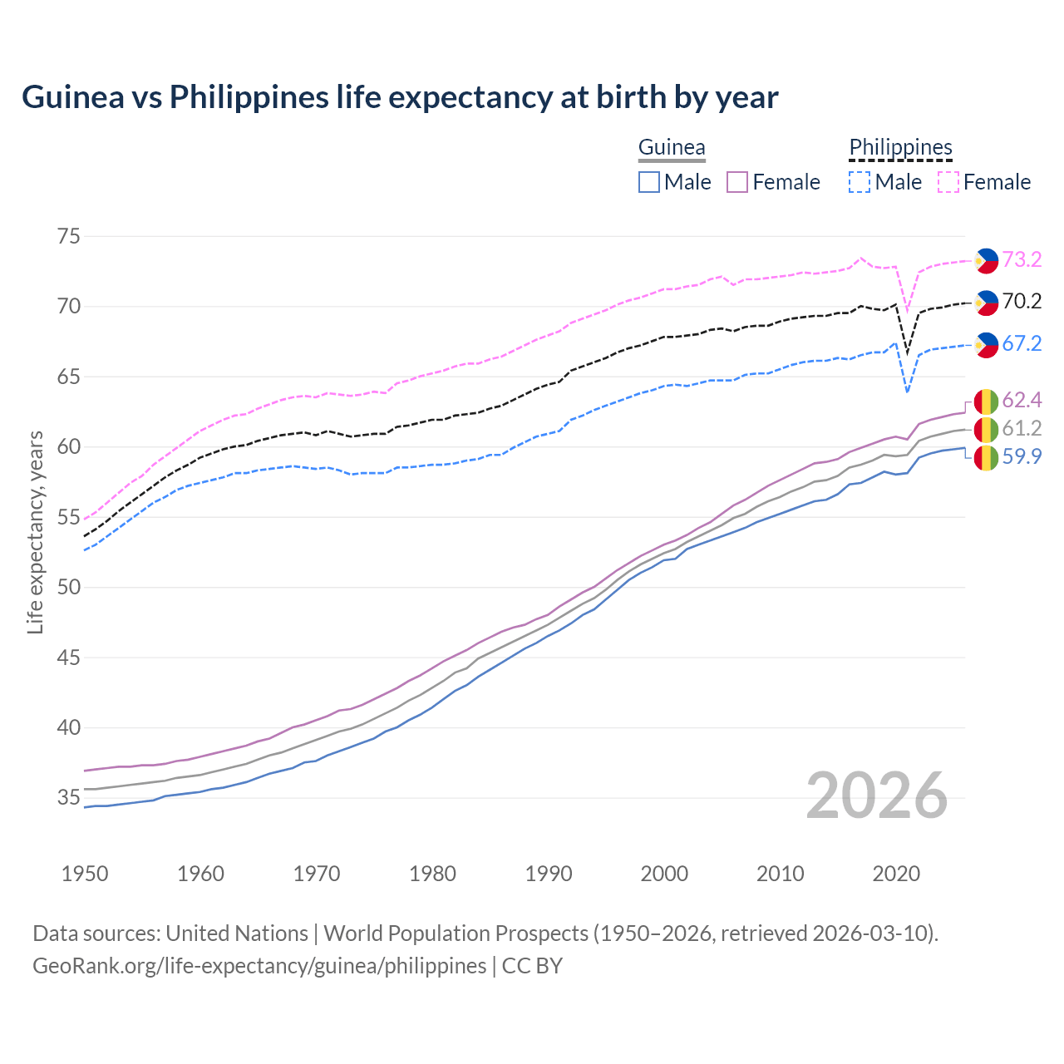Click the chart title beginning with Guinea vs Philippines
tap(400, 97)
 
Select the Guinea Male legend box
tap(649, 182)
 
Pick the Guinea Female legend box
tap(737, 182)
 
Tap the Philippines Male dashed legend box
tap(860, 182)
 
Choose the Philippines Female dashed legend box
tap(948, 182)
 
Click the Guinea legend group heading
tap(672, 148)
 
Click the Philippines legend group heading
tap(900, 148)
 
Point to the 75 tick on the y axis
tap(69, 236)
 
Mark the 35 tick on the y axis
tap(69, 798)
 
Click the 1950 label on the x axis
tap(85, 874)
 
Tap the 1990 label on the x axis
tap(549, 874)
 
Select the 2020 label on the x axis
tap(896, 874)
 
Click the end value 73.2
tap(1022, 260)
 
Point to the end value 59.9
tap(1022, 457)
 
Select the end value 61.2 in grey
tap(1022, 429)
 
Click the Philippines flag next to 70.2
tap(987, 303)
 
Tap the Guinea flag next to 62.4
tap(987, 401)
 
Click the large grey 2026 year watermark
tap(877, 796)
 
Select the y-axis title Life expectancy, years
tap(35, 532)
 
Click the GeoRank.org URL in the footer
tap(259, 966)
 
